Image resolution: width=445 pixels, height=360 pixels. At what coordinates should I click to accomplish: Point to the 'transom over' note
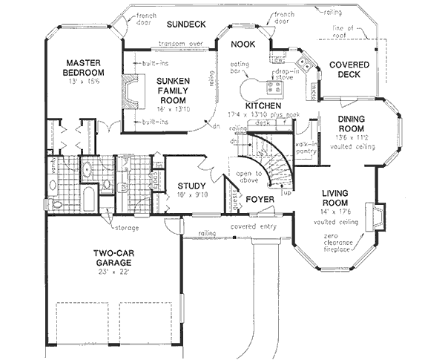176,43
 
